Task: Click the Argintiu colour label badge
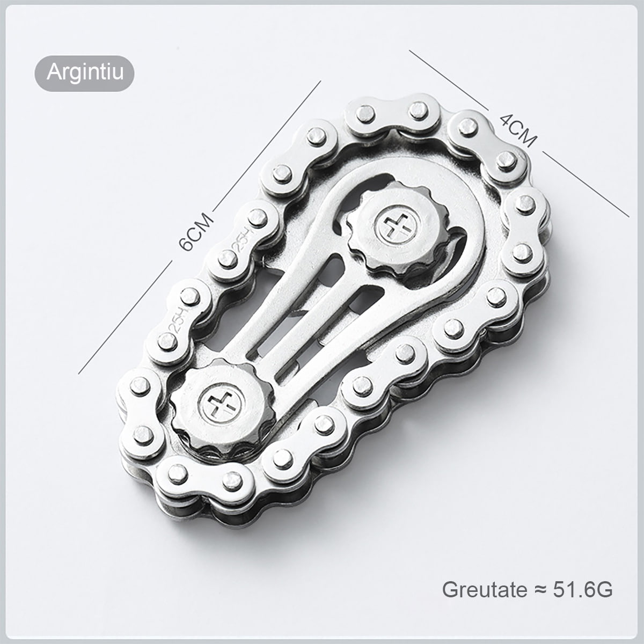pos(84,73)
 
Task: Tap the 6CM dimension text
pos(195,232)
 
